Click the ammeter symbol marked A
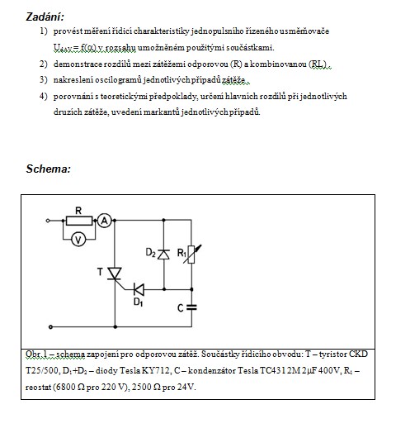tap(105, 221)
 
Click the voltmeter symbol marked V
tap(78, 240)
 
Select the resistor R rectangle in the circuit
tap(79, 221)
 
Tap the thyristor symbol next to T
tap(115, 274)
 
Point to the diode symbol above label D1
tap(139, 289)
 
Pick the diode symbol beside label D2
tap(164, 254)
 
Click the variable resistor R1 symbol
tap(191, 255)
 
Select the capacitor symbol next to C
tap(191, 307)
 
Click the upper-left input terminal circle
tap(48, 221)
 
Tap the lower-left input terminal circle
tap(50, 327)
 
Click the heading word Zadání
tap(45, 17)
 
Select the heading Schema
tap(49, 169)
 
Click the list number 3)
tap(44, 80)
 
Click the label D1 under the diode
tap(138, 302)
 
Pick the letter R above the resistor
tap(78, 211)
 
